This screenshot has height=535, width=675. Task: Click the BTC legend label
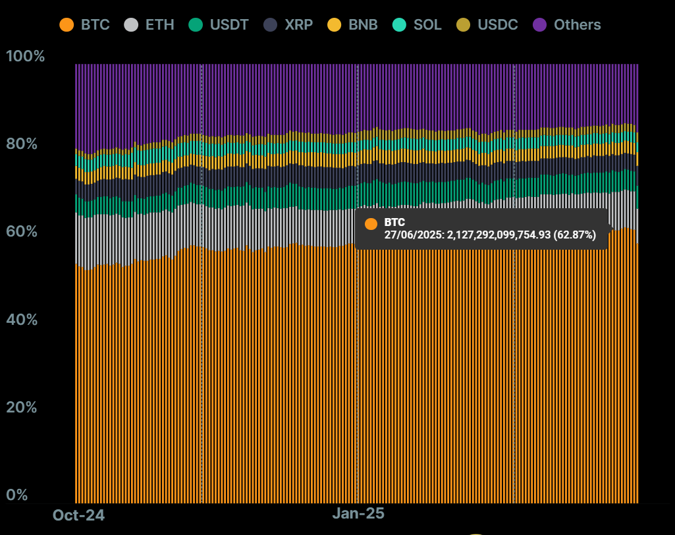[x=95, y=25]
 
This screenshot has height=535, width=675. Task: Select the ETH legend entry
[x=159, y=25]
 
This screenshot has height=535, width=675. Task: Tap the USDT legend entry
[x=229, y=25]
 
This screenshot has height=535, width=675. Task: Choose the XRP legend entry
[x=298, y=25]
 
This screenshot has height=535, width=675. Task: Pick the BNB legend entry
[x=363, y=25]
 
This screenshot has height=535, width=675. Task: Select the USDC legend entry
[x=497, y=25]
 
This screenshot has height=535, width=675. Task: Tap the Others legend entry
[x=577, y=25]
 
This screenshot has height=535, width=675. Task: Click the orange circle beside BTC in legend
[x=67, y=25]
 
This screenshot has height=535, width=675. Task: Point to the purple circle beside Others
[x=540, y=25]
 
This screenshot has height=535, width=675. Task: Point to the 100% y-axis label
[x=26, y=56]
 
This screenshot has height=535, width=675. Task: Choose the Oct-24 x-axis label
[x=78, y=515]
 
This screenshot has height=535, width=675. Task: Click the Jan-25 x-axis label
[x=358, y=513]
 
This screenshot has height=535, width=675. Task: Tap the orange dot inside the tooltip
[x=371, y=223]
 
